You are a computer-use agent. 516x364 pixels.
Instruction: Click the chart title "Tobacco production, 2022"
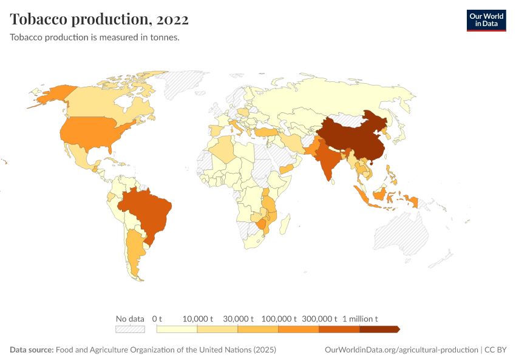99,19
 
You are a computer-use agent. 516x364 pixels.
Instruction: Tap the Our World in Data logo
486,20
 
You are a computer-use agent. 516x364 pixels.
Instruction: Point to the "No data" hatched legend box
130,329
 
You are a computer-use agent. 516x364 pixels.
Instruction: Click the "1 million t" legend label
360,318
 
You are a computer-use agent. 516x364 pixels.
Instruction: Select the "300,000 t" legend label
319,318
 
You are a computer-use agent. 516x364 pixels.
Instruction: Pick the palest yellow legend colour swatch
177,329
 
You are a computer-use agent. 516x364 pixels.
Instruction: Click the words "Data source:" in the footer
32,350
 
